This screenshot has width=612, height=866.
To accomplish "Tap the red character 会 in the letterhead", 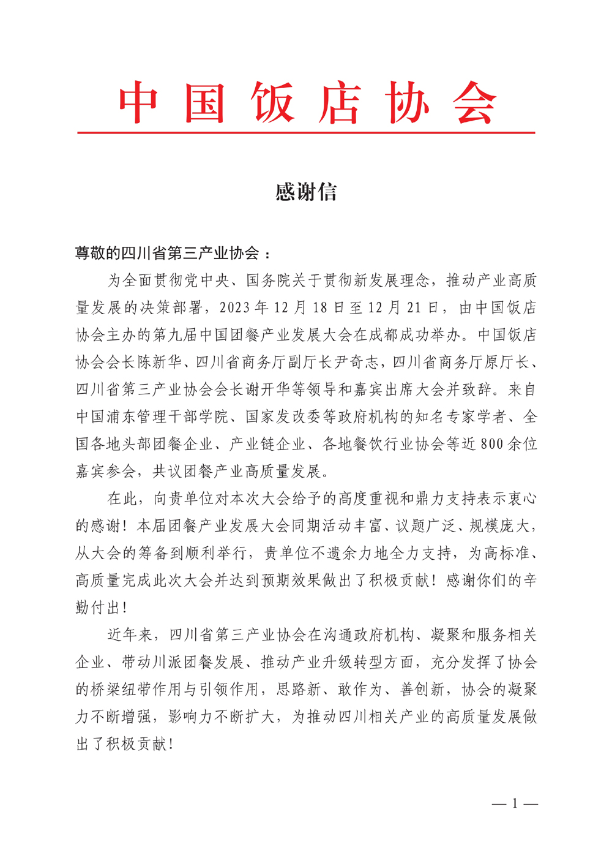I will (x=474, y=103).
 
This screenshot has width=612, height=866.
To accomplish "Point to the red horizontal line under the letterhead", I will (x=306, y=132).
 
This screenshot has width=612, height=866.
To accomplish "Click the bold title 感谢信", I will (x=306, y=192).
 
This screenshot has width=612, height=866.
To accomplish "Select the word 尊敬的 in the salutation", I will (x=98, y=253).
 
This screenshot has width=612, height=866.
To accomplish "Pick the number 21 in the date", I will (x=416, y=307).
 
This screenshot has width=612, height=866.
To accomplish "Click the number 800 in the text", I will (x=492, y=444).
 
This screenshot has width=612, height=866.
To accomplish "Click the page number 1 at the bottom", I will (x=515, y=803).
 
